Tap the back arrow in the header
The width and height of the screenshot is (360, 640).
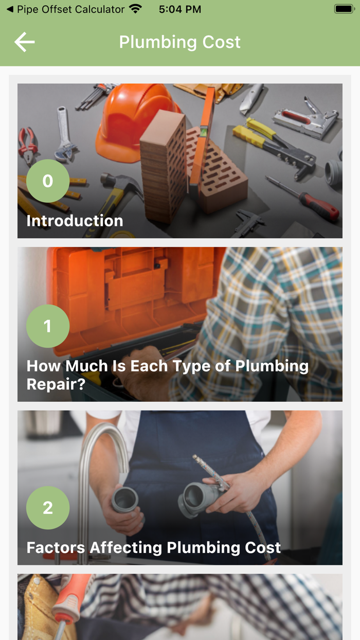[x=24, y=42]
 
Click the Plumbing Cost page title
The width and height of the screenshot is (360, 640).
[x=179, y=42]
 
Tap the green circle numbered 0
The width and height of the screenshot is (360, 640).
[x=48, y=181]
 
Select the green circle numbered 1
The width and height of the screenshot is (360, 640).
[x=48, y=326]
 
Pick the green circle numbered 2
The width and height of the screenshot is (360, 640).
[x=48, y=508]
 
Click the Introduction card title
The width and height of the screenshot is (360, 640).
[x=75, y=221]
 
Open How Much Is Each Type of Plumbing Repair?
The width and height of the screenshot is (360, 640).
[x=167, y=375]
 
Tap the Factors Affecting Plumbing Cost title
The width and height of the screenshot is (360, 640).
[x=153, y=547]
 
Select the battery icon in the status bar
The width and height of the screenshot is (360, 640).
[x=344, y=9]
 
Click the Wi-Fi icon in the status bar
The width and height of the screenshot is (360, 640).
[x=136, y=9]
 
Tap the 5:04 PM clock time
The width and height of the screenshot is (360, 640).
[x=180, y=9]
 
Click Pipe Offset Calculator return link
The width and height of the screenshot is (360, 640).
[x=66, y=9]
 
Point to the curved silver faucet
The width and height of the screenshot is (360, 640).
[x=98, y=463]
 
